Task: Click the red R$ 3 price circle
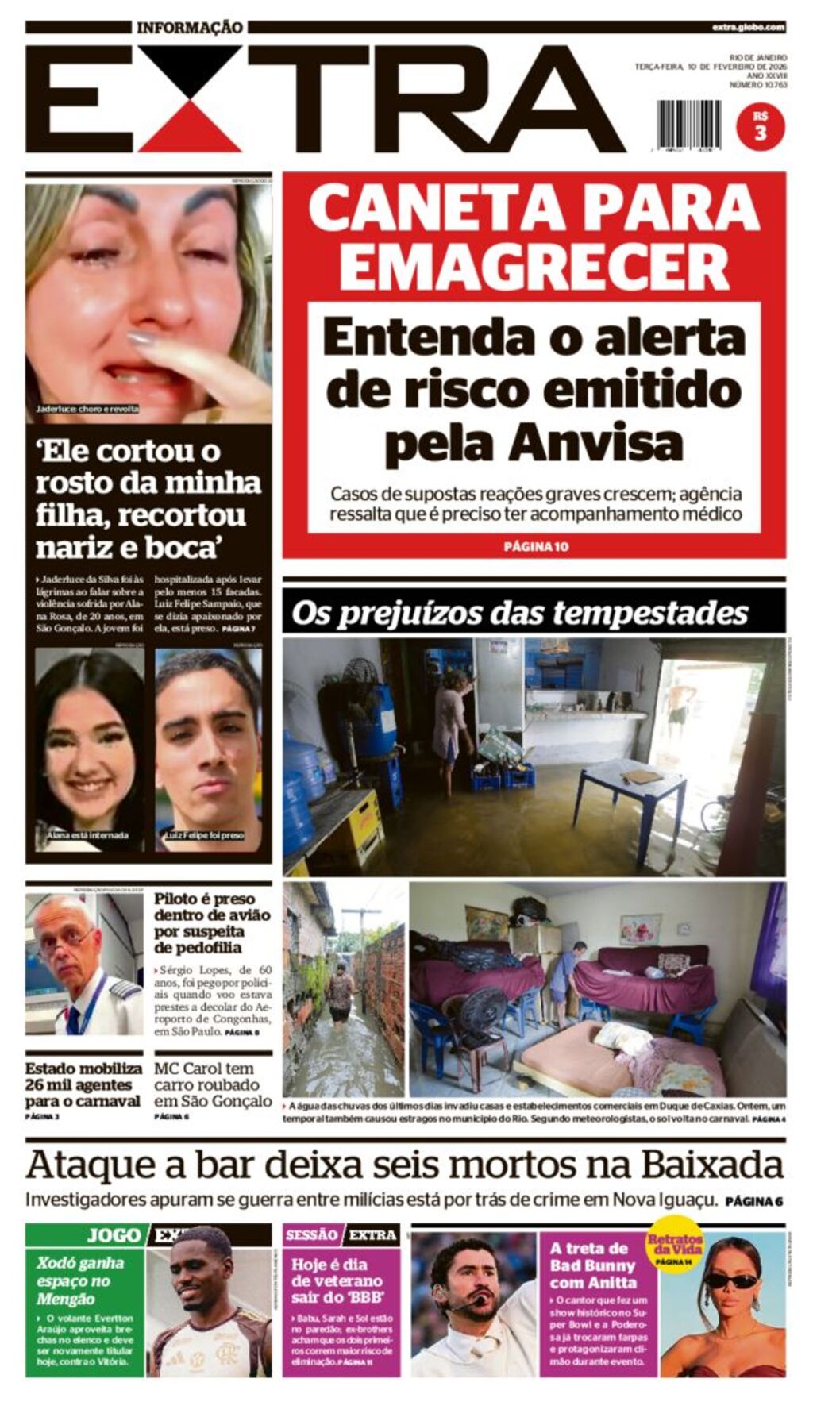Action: [x=760, y=127]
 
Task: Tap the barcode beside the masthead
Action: [x=688, y=125]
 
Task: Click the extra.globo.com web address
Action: [x=748, y=27]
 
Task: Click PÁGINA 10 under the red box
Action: [x=536, y=546]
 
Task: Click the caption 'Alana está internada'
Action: [x=87, y=835]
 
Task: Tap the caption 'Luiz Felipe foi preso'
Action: [x=204, y=835]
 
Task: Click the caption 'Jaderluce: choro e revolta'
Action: [x=87, y=409]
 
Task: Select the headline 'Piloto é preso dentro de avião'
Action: [x=212, y=922]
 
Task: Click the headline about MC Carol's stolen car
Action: [x=213, y=1084]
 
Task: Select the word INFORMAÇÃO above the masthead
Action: [x=190, y=28]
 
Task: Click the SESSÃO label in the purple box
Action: [x=311, y=1235]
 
